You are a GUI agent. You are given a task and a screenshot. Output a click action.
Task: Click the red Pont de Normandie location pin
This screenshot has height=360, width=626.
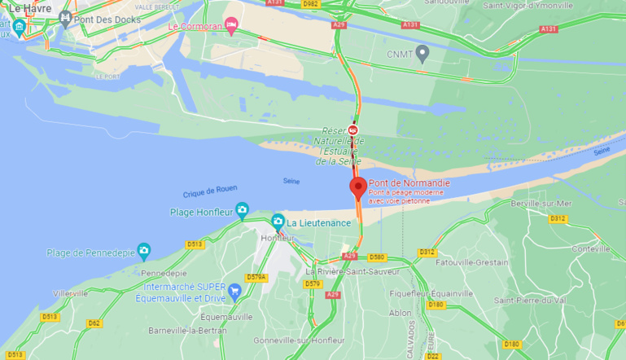(357, 187)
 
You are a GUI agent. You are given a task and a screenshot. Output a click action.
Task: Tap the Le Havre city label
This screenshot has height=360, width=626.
(24, 8)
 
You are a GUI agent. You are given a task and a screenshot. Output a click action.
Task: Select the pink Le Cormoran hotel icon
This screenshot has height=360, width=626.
(230, 26)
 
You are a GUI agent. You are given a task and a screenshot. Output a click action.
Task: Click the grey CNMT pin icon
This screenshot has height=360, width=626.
(422, 54)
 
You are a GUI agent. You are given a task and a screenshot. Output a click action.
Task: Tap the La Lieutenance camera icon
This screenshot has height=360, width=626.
(278, 222)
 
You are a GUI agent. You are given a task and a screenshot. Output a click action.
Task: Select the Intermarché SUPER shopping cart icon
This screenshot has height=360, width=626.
(235, 291)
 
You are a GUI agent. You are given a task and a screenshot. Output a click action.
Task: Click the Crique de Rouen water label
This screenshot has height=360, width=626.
(210, 190)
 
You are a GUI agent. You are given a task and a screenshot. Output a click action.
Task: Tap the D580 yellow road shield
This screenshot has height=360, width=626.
(376, 257)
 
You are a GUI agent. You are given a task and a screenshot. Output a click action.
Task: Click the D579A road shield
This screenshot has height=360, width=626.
(256, 277)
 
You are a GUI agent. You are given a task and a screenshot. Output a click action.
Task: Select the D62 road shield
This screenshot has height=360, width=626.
(94, 323)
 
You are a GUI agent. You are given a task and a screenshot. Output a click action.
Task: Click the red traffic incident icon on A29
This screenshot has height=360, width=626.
(353, 130)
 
